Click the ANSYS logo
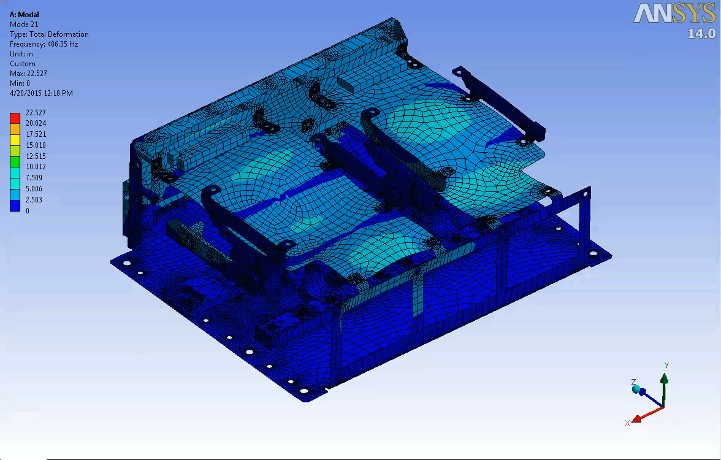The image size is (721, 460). pos(674,13)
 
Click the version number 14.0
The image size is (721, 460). pos(701,33)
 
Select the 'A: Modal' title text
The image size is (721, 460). pos(25,15)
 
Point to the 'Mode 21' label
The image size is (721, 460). pos(24,25)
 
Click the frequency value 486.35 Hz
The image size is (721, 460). pos(63,44)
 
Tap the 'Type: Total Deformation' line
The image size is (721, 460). pos(49,34)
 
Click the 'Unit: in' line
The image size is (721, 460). pos(21,54)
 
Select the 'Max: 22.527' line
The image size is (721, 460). pos(28,74)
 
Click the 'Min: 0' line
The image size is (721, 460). pos(20,83)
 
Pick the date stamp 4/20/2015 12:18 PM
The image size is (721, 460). pos(41,93)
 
